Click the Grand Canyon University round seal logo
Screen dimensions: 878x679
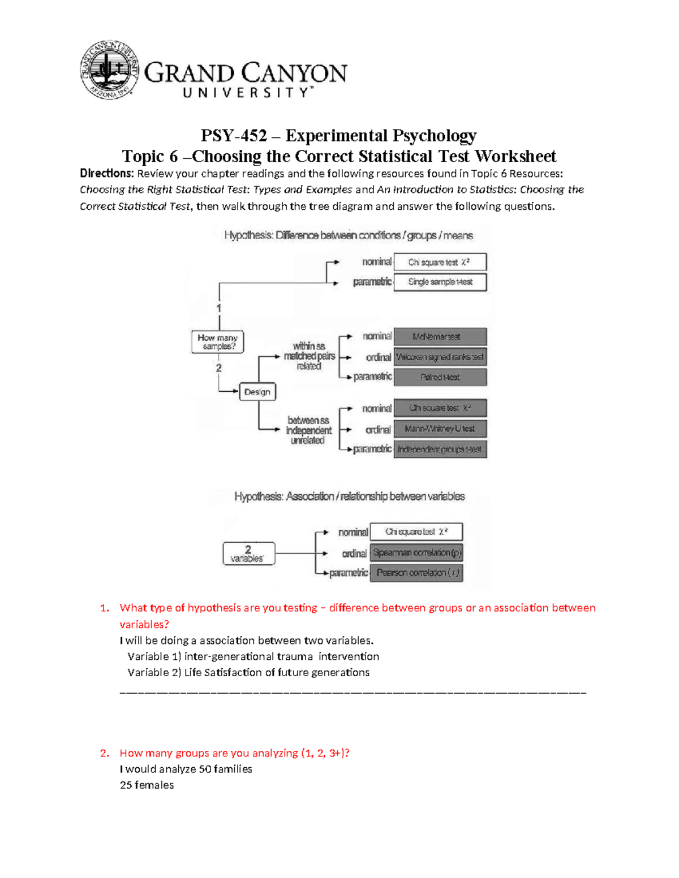[109, 71]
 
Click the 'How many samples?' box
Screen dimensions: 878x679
[218, 342]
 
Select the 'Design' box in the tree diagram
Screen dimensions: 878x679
[257, 392]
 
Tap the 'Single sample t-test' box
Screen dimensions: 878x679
[440, 282]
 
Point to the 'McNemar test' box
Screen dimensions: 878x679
[440, 336]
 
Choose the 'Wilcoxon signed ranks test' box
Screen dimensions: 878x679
[440, 357]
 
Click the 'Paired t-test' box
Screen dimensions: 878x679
[440, 377]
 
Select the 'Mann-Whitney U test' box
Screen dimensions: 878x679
[440, 429]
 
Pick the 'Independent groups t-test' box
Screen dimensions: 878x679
[440, 449]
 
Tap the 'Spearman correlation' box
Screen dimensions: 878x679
[416, 552]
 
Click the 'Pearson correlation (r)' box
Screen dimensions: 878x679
[416, 573]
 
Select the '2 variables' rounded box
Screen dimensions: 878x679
[248, 553]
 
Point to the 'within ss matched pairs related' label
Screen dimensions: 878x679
[309, 356]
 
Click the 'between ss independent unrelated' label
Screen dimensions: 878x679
[308, 430]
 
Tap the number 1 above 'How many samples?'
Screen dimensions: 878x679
[219, 308]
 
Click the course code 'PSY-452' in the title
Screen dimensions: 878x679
[234, 136]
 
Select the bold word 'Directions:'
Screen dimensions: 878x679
[107, 174]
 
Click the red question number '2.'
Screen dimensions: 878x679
[104, 753]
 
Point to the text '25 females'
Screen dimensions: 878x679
[147, 785]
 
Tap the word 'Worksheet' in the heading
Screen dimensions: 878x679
[515, 156]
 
